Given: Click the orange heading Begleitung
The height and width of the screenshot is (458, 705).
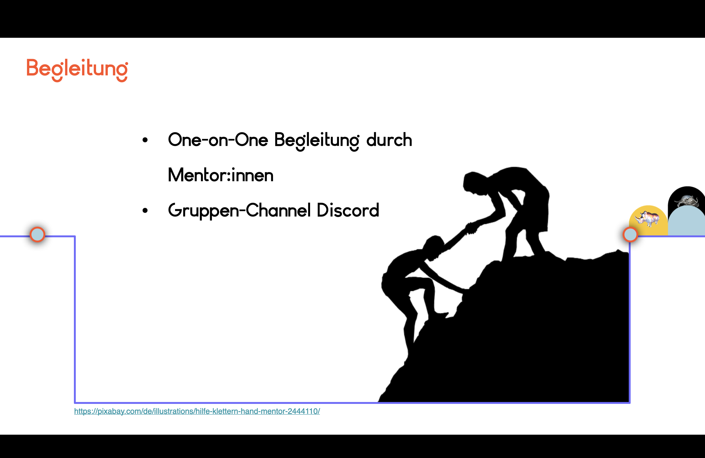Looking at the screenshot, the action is pos(77,70).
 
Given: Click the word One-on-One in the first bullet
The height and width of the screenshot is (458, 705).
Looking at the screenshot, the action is pos(218,140).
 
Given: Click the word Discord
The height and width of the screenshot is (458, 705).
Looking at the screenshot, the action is pos(348,210).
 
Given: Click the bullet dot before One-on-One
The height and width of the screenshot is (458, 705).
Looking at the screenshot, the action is pos(145,140).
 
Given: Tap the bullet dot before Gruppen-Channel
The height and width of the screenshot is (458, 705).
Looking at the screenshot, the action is pos(145,210).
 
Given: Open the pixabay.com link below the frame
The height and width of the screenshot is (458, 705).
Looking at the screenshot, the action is pos(197,411).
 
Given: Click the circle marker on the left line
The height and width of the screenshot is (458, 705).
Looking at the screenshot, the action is pos(37,234).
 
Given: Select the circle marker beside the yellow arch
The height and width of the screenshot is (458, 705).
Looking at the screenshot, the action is pos(630,235).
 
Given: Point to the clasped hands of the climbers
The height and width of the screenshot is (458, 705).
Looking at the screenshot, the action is pos(472,228).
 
